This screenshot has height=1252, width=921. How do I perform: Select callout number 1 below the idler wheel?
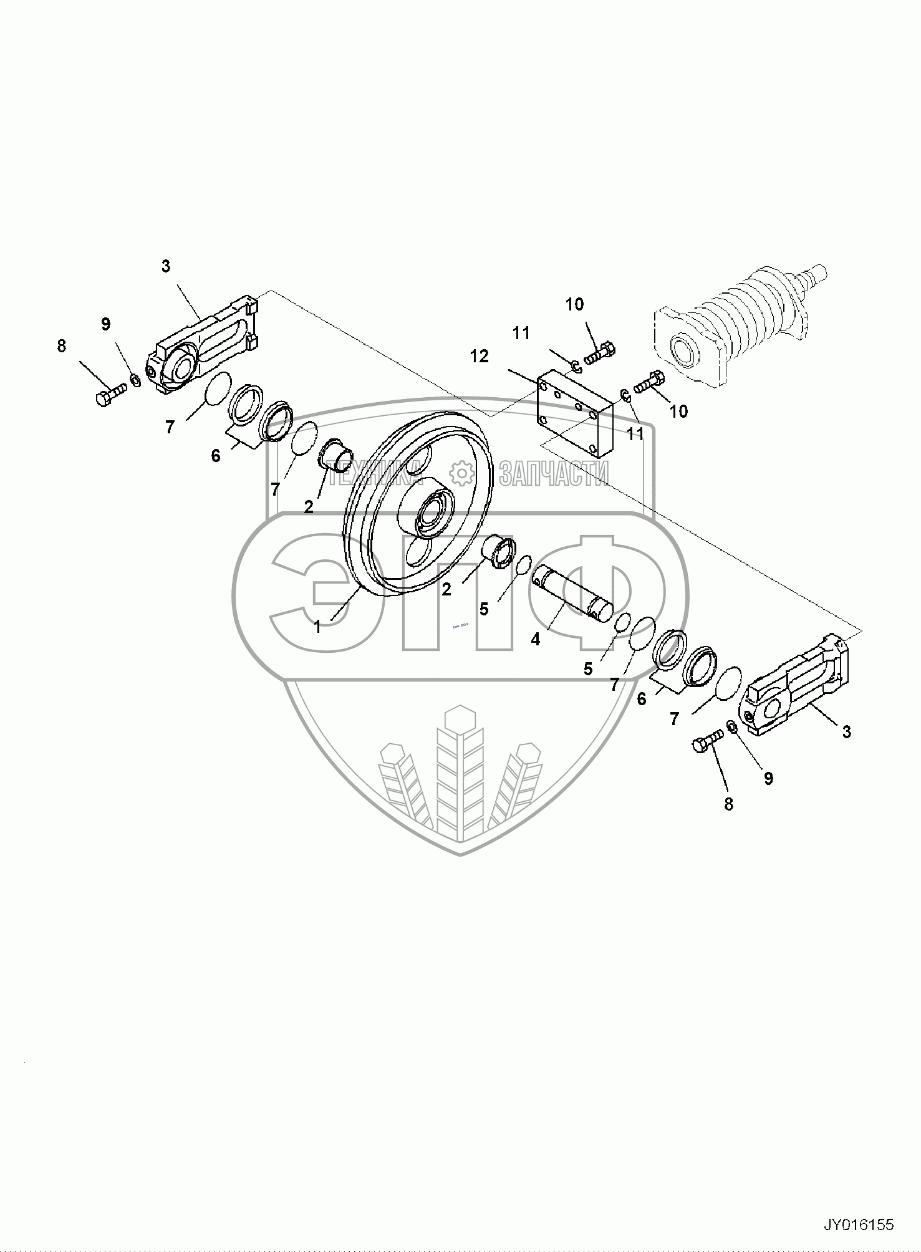(317, 627)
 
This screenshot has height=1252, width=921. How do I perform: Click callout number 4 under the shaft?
(535, 639)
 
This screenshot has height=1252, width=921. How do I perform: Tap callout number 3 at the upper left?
(165, 266)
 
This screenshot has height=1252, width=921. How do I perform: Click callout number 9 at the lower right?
(768, 778)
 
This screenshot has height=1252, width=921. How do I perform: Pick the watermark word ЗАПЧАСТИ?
(553, 473)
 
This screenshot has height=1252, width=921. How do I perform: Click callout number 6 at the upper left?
(216, 456)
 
